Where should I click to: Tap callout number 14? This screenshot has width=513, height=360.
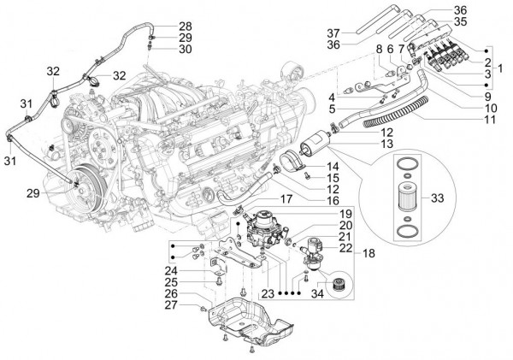pyautogui.click(x=309, y=166)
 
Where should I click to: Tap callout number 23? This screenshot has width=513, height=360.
pyautogui.click(x=268, y=293)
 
